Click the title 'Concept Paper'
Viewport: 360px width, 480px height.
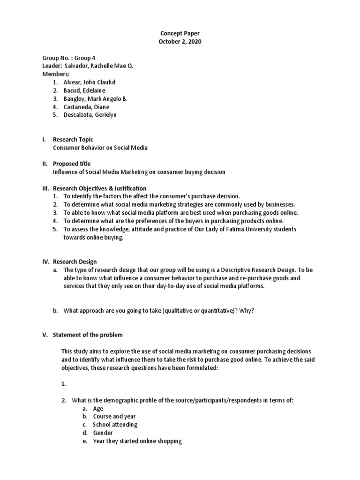pyautogui.click(x=180, y=34)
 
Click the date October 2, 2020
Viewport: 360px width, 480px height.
pyautogui.click(x=180, y=42)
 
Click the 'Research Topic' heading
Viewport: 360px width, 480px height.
pyautogui.click(x=73, y=140)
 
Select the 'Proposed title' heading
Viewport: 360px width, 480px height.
pyautogui.click(x=72, y=164)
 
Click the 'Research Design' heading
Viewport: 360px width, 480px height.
pyautogui.click(x=75, y=262)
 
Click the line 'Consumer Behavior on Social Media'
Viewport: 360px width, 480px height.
pyautogui.click(x=100, y=148)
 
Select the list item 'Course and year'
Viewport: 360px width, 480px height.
pyautogui.click(x=115, y=416)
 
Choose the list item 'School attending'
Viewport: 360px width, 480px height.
pyautogui.click(x=115, y=425)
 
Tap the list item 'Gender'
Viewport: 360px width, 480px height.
pyautogui.click(x=103, y=433)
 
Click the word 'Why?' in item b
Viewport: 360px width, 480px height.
pyautogui.click(x=246, y=311)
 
